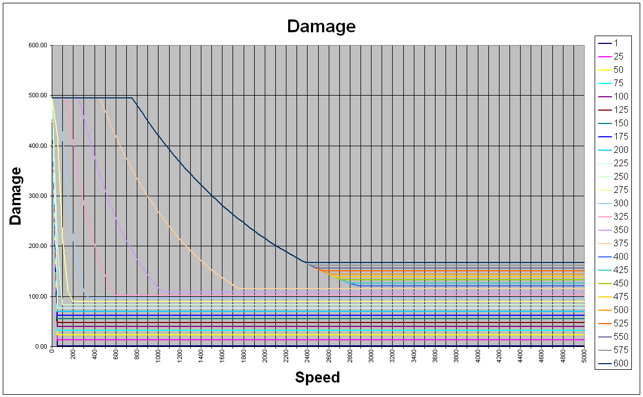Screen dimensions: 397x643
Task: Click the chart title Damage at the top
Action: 321,26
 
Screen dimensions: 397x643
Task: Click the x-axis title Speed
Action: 317,378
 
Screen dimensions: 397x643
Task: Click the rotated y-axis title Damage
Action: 16,196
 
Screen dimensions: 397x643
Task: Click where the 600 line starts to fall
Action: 132,98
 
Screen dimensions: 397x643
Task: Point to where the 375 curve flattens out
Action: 239,288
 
